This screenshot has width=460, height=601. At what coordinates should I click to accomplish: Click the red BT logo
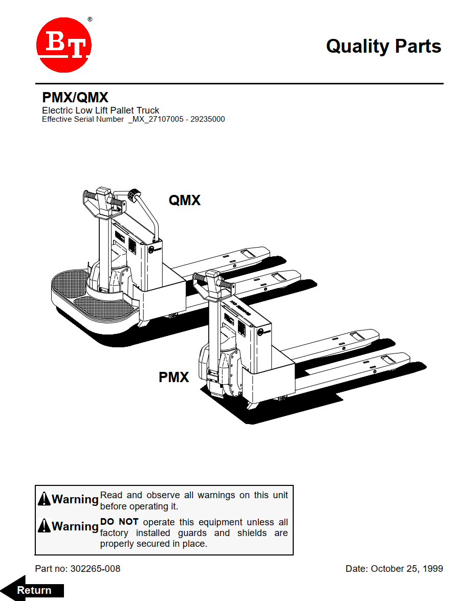pyautogui.click(x=64, y=46)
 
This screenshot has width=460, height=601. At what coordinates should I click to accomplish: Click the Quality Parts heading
pyautogui.click(x=383, y=46)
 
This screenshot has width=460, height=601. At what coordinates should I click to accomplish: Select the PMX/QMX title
pyautogui.click(x=75, y=98)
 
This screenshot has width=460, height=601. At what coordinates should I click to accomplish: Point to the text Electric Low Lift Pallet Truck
pyautogui.click(x=100, y=110)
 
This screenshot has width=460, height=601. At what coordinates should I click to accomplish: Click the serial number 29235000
pyautogui.click(x=208, y=119)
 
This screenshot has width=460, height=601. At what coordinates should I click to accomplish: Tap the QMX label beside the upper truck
pyautogui.click(x=185, y=201)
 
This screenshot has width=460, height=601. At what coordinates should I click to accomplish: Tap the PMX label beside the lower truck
pyautogui.click(x=174, y=377)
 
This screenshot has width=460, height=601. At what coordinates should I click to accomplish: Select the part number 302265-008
pyautogui.click(x=95, y=569)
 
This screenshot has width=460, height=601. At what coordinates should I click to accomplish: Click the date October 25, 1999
pyautogui.click(x=407, y=569)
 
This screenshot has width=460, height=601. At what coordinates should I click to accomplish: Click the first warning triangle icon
pyautogui.click(x=45, y=499)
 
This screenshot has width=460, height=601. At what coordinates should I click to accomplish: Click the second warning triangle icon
pyautogui.click(x=45, y=526)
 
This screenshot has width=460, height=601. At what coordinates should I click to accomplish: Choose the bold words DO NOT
pyautogui.click(x=119, y=522)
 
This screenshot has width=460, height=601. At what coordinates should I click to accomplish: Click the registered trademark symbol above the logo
pyautogui.click(x=90, y=19)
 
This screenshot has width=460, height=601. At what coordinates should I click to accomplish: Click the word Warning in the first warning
pyautogui.click(x=75, y=499)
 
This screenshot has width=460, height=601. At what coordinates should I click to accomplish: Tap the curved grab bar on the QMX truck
pyautogui.click(x=148, y=215)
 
